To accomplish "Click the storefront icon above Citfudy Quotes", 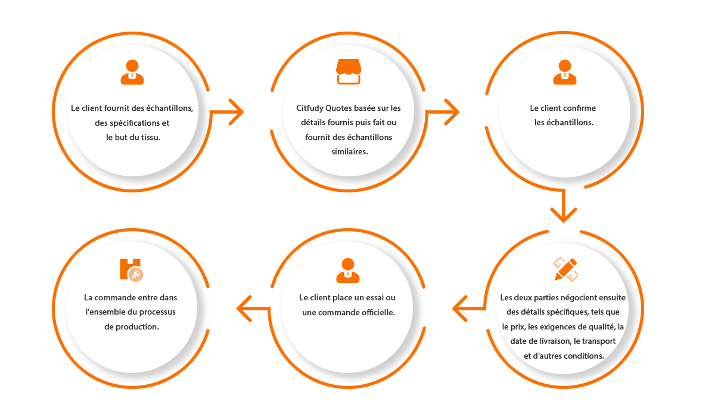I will (x=349, y=71).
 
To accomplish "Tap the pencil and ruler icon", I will (x=565, y=269).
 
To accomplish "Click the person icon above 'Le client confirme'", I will (x=564, y=71).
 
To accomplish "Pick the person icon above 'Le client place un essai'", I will (x=348, y=270).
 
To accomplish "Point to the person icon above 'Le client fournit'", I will (x=132, y=71).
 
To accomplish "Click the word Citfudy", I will (x=310, y=108).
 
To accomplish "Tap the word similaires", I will (x=349, y=151).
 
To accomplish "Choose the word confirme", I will (x=578, y=108).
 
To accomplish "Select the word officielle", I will (x=375, y=312).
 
